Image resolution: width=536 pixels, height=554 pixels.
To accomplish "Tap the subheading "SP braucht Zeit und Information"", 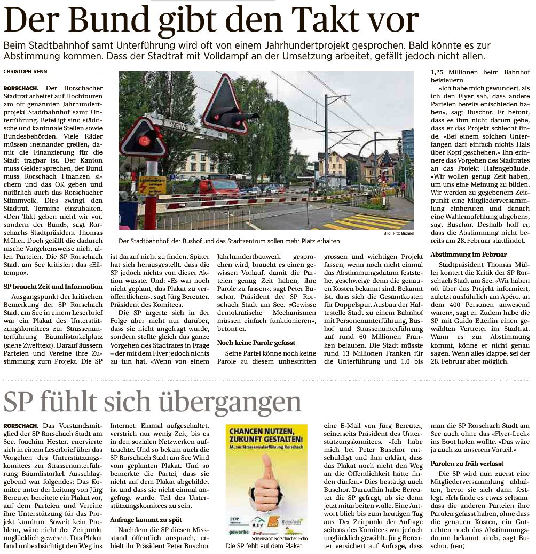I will click(x=53, y=287).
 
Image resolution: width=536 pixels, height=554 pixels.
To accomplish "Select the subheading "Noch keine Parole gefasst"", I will click(x=256, y=342).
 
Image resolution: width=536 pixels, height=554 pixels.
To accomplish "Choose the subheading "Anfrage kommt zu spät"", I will click(x=146, y=519).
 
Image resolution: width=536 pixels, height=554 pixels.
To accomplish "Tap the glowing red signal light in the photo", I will click(x=144, y=141).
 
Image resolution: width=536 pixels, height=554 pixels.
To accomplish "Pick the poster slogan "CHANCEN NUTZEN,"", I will click(x=266, y=432).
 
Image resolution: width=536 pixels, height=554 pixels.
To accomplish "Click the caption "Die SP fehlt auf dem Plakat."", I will click(x=265, y=547).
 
